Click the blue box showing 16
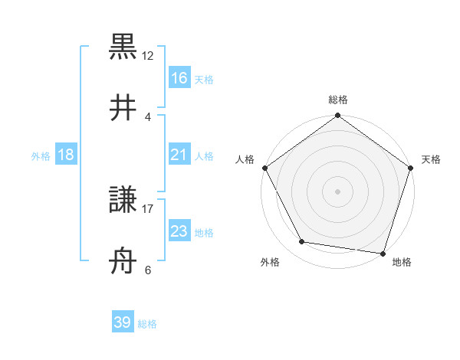click(x=179, y=78)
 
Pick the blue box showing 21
click(x=179, y=155)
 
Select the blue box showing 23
click(x=179, y=231)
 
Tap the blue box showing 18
click(x=66, y=155)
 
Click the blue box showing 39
click(x=123, y=322)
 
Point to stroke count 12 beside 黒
click(x=148, y=55)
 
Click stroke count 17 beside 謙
click(x=148, y=208)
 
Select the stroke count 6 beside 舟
click(x=148, y=269)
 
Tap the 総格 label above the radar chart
click(x=338, y=100)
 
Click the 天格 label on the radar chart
click(x=431, y=159)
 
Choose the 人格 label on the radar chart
click(x=245, y=159)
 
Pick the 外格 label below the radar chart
click(x=270, y=262)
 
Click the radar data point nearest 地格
click(x=383, y=253)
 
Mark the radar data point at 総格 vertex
click(x=338, y=116)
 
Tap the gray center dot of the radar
click(x=338, y=191)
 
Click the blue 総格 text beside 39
click(x=147, y=324)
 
